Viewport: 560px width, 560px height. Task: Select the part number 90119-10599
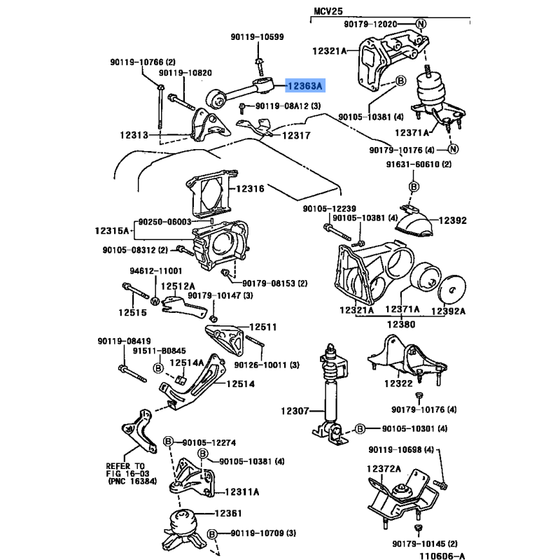click(x=257, y=36)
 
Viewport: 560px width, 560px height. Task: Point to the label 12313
click(x=134, y=134)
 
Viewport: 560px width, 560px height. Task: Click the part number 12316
click(x=249, y=189)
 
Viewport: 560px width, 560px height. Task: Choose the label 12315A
click(x=112, y=230)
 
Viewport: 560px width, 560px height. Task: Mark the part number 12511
click(x=264, y=327)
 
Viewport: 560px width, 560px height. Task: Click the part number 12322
click(x=398, y=384)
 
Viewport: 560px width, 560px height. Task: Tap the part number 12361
click(x=227, y=513)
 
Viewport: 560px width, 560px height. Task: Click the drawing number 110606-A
click(x=442, y=556)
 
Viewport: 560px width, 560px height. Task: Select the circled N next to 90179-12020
click(x=421, y=24)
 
